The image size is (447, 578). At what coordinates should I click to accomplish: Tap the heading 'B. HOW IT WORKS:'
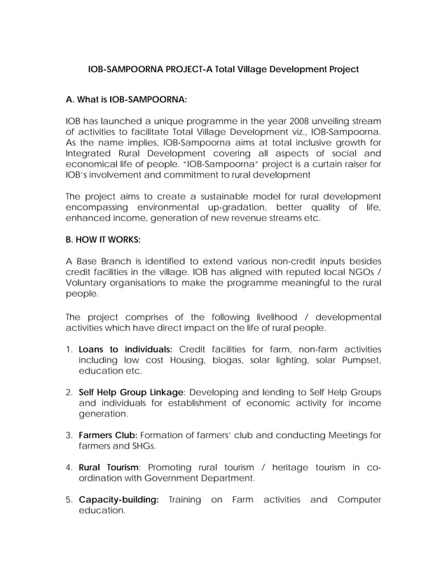pos(102,239)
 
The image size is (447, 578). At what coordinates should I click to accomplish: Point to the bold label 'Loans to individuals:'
pos(125,348)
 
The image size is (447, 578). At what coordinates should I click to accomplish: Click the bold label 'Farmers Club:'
pos(108,435)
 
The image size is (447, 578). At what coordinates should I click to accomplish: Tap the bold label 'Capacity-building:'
pos(118,500)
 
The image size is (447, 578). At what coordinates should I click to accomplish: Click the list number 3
pos(69,435)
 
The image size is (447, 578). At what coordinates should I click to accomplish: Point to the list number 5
pos(69,500)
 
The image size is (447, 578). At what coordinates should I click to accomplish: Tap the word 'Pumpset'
pos(361,360)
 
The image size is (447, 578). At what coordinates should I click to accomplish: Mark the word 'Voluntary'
pos(86,283)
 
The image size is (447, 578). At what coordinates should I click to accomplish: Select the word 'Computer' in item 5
pos(359,500)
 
